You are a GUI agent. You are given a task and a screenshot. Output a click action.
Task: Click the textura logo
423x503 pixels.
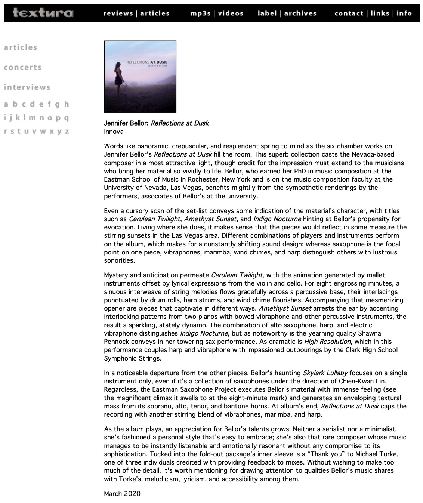[x=43, y=13]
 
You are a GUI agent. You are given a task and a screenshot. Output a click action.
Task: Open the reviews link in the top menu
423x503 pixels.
[x=118, y=13]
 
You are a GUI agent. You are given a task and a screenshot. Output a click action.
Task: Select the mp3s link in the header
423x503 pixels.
[x=201, y=13]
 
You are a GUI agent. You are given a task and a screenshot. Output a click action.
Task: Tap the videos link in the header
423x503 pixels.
[x=231, y=13]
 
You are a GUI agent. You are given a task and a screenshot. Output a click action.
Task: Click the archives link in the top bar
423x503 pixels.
[x=300, y=13]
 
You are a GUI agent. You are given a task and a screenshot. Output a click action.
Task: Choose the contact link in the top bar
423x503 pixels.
[x=349, y=13]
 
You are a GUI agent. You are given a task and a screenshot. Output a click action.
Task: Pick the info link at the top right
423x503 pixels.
[x=404, y=13]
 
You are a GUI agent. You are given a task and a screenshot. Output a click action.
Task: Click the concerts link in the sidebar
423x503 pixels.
[x=22, y=68]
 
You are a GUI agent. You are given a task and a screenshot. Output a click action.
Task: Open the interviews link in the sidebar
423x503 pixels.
[x=27, y=87]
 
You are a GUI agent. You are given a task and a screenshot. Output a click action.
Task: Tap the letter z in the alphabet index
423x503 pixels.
[x=67, y=131]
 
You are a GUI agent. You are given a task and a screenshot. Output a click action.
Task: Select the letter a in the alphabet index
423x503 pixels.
[x=6, y=104]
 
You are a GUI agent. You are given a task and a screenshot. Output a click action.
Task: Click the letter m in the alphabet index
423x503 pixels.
[x=33, y=118]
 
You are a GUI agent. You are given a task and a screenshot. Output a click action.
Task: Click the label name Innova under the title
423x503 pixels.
[x=114, y=132]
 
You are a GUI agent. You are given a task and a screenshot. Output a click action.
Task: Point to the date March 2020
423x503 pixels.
[x=122, y=494]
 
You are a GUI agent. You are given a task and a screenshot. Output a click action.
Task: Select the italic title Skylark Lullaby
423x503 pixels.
[x=325, y=373]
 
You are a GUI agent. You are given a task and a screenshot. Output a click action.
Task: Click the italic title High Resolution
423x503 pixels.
[x=327, y=342]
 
